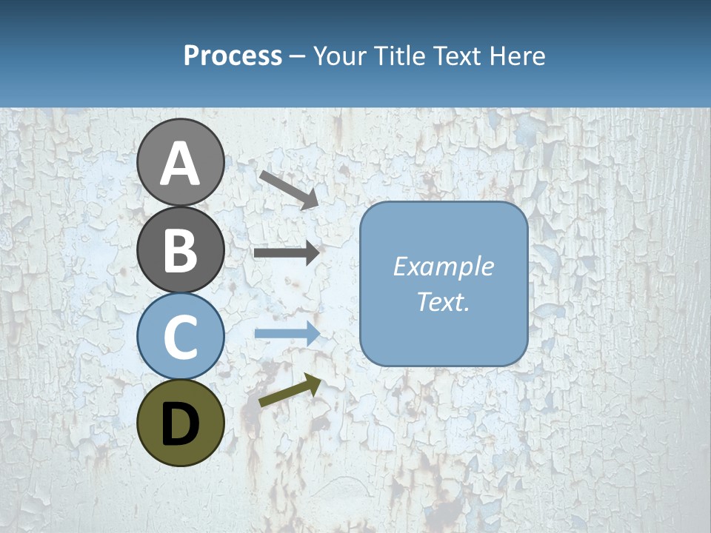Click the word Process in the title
pos(233,56)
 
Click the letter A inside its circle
pos(180,164)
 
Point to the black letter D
pos(180,424)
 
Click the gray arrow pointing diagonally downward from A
pos(288,190)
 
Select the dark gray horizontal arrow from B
pos(287,253)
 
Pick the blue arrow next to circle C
pos(287,333)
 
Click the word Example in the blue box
pos(443,266)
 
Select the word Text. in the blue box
pos(443,301)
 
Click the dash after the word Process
pos(297,57)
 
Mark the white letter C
pos(180,337)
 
